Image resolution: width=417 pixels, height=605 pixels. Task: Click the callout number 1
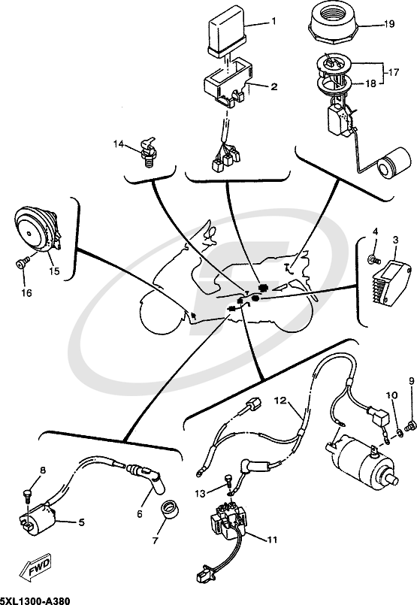point(273,22)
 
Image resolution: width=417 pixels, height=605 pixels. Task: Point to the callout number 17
point(391,73)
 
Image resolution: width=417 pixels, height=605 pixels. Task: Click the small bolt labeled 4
point(371,259)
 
